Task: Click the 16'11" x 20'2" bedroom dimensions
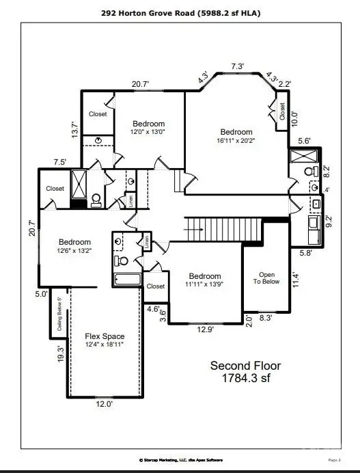point(236,141)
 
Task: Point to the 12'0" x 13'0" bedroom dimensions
point(148,131)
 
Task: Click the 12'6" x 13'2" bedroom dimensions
point(74,250)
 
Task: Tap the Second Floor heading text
point(245,366)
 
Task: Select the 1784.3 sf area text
point(245,377)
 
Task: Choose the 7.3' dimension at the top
point(237,66)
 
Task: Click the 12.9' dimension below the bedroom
point(204,330)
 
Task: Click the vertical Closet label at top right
point(281,112)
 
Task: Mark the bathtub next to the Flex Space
point(127,280)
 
